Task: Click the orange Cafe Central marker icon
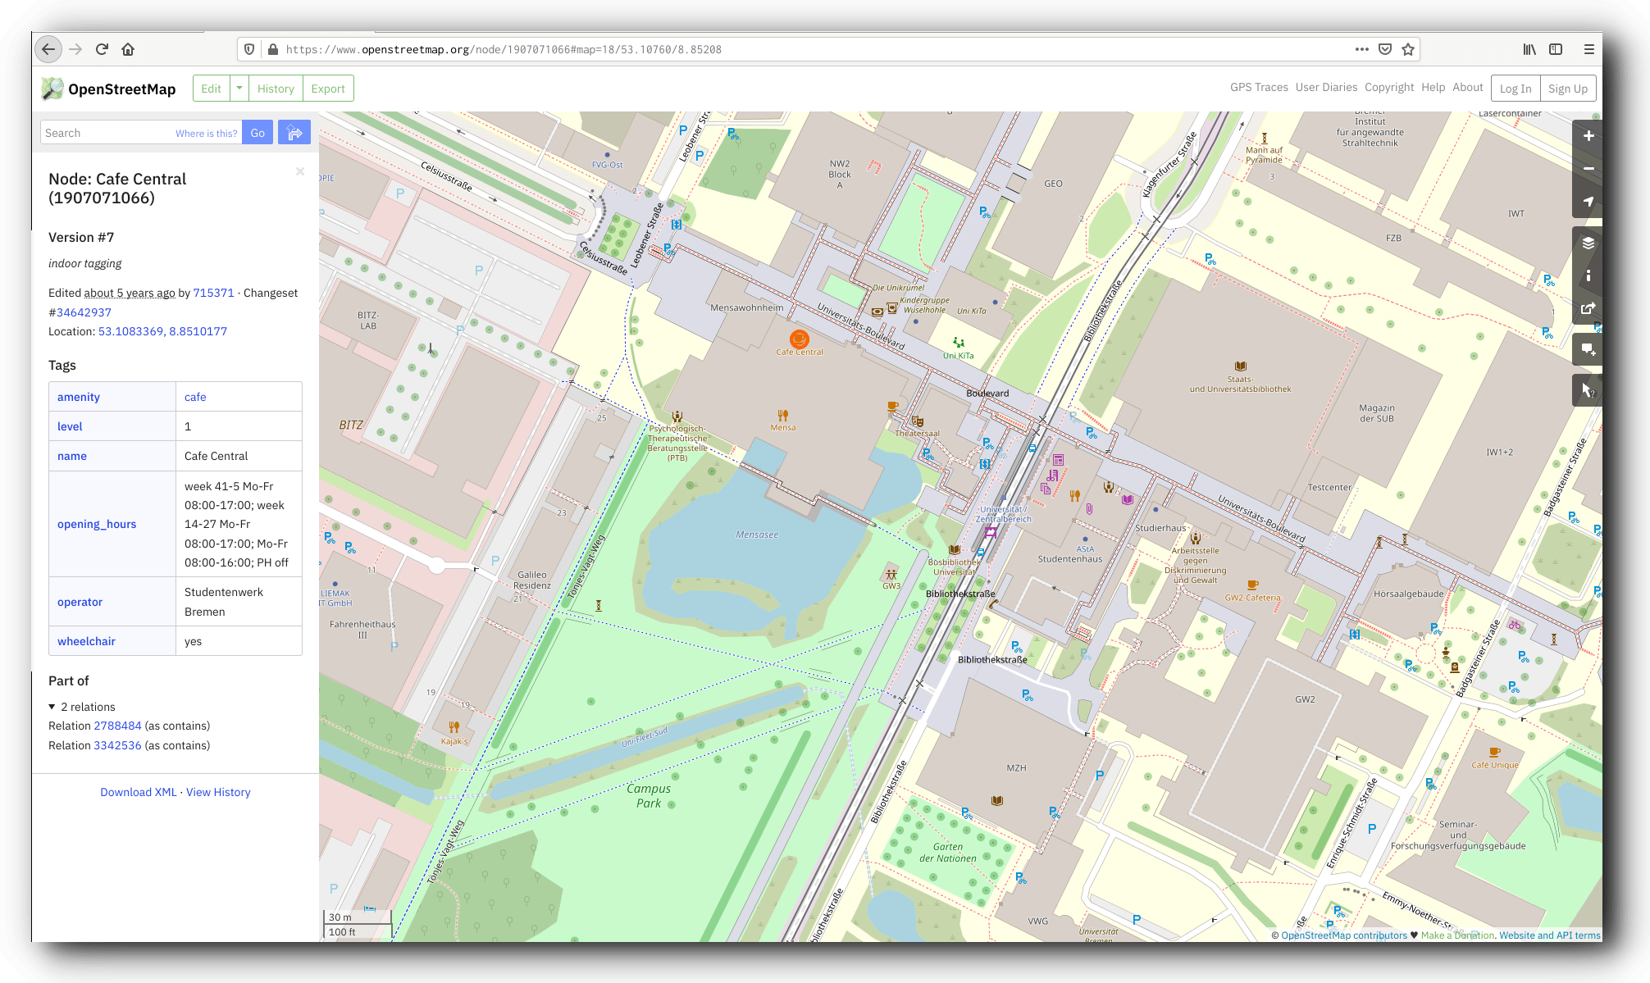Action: (799, 339)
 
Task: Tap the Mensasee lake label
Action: (757, 535)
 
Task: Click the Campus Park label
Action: (649, 795)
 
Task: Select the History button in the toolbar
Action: (276, 89)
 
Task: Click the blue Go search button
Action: (258, 133)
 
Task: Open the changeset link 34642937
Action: (84, 312)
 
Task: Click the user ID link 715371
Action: (213, 293)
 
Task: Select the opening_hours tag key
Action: (97, 524)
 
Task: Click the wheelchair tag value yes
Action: (193, 641)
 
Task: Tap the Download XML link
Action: (138, 792)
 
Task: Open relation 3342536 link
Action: (117, 745)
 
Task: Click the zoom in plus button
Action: (1588, 136)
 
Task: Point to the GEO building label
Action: (1053, 184)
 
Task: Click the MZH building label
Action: (1016, 768)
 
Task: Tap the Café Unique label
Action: (1494, 765)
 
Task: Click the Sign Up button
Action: (1567, 89)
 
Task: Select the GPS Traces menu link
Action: (1258, 87)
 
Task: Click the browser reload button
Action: (102, 49)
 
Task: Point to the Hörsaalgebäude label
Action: (1408, 594)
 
